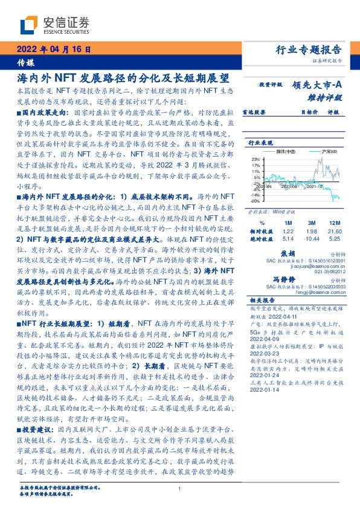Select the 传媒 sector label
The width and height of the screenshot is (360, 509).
pyautogui.click(x=26, y=63)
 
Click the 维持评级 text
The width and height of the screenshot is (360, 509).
pyautogui.click(x=327, y=97)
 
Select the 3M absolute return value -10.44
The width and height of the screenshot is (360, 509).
pyautogui.click(x=312, y=238)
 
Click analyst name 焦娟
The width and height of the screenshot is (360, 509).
pyautogui.click(x=288, y=254)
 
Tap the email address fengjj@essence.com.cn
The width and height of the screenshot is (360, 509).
pyautogui.click(x=314, y=293)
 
